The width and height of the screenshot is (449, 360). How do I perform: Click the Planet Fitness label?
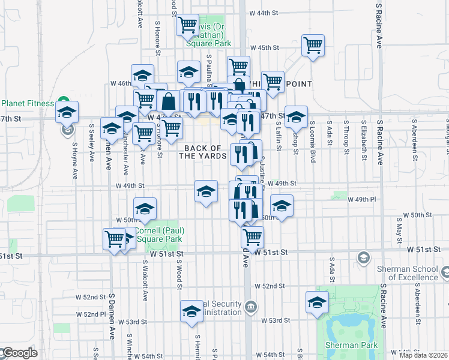(x=27, y=103)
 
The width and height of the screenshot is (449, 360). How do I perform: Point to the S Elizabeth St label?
(x=364, y=142)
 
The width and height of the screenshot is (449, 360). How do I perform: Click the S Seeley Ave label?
(x=92, y=143)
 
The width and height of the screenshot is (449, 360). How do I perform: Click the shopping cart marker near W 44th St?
(x=188, y=25)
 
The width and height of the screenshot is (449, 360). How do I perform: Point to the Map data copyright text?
(x=424, y=355)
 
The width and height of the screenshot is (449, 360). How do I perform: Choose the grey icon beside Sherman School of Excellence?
(x=363, y=258)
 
